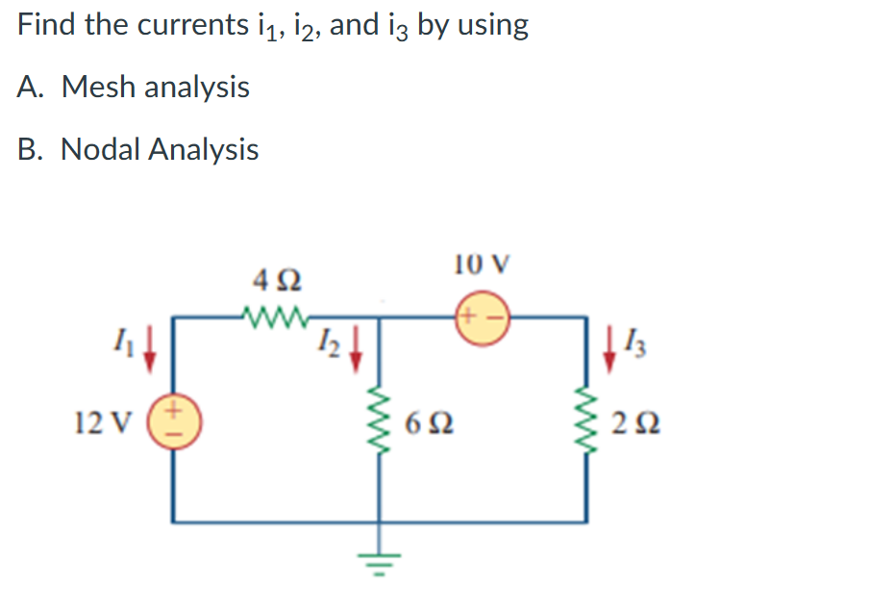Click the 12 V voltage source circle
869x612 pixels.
coord(174,422)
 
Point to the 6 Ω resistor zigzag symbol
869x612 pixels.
coord(379,422)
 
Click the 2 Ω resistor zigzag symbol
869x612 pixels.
coord(586,422)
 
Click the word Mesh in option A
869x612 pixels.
coord(100,88)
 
